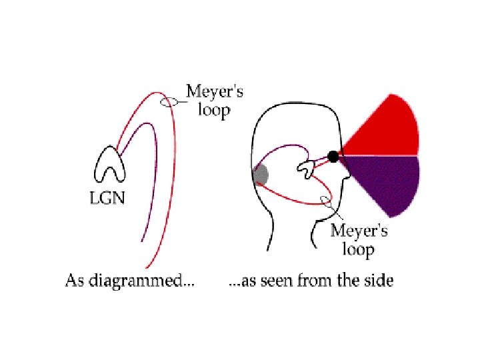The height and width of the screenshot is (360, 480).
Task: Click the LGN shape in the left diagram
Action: [109, 164]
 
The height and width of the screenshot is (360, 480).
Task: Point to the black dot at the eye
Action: [333, 157]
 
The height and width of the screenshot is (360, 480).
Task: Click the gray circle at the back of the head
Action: [261, 175]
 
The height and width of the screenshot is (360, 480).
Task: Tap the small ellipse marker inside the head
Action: [326, 199]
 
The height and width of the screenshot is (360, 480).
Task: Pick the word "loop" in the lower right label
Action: [358, 250]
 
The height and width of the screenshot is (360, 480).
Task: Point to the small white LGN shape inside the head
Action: [308, 169]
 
